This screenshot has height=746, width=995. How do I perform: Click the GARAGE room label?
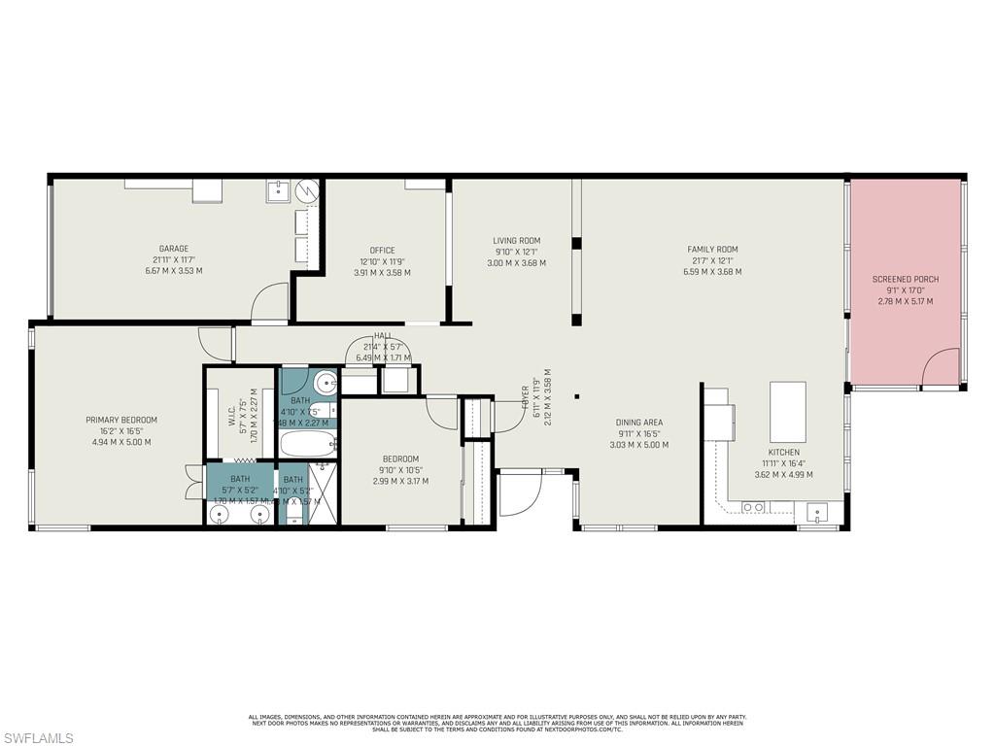click(174, 249)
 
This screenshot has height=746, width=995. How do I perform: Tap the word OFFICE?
click(382, 251)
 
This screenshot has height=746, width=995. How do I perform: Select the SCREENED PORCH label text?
click(906, 280)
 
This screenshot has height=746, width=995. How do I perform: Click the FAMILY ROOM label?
click(712, 250)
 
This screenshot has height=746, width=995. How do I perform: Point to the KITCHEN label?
click(783, 453)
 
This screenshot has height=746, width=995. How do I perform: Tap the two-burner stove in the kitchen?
click(752, 507)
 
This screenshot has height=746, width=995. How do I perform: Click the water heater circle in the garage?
click(307, 189)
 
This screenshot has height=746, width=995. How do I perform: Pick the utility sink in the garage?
click(278, 189)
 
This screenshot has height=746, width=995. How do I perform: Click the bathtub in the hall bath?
click(308, 445)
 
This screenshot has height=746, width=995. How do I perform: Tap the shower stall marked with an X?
click(322, 495)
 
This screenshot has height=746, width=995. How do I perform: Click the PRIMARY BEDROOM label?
click(121, 421)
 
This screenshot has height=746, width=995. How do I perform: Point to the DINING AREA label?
click(639, 424)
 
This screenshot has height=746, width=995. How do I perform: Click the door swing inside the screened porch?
click(941, 369)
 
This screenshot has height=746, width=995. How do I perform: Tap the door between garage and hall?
click(269, 303)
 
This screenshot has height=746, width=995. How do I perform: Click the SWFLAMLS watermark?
click(37, 738)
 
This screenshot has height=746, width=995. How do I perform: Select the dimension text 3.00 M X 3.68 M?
click(516, 262)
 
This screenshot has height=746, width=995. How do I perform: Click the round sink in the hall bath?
click(326, 381)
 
